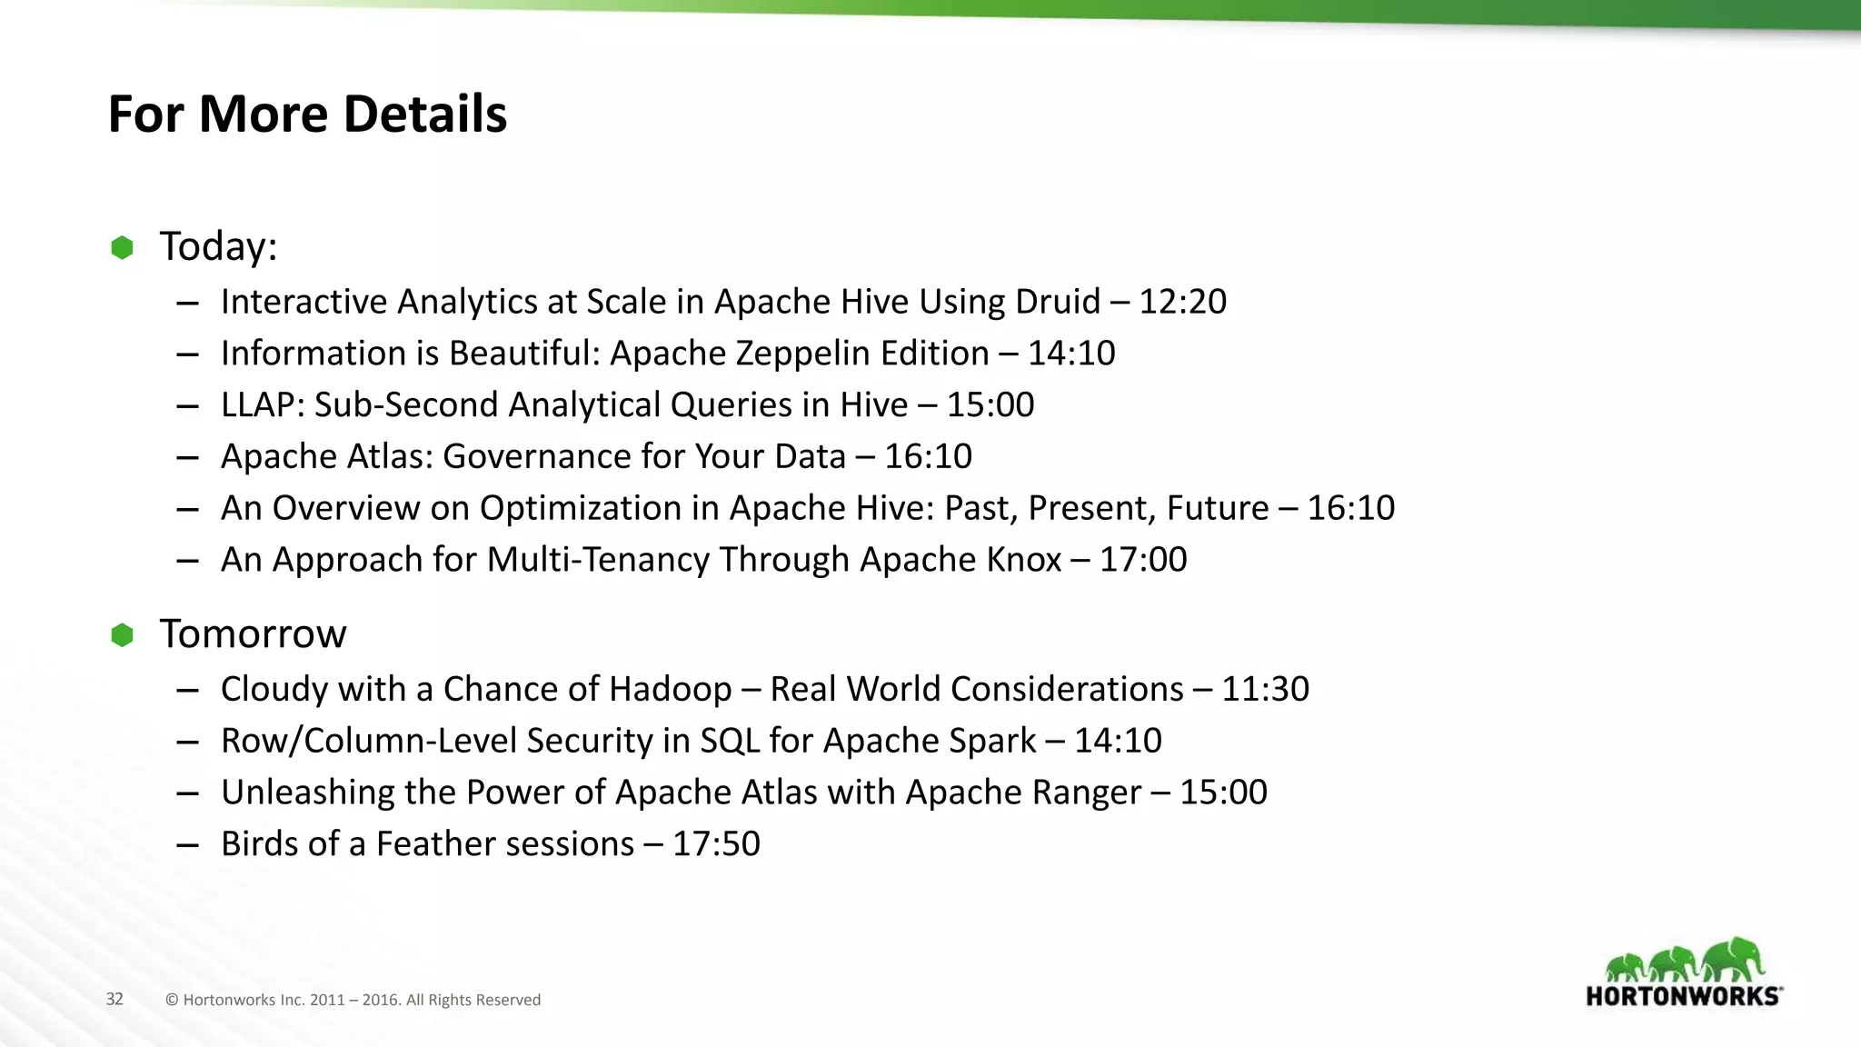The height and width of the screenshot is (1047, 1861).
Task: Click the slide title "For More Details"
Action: pos(307,115)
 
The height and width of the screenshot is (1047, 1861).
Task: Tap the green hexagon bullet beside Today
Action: pos(122,247)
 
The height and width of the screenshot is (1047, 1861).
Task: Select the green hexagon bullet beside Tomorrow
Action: pos(122,635)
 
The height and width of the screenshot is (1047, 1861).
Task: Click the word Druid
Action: pos(1058,302)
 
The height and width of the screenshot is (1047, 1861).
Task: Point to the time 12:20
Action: pos(1182,302)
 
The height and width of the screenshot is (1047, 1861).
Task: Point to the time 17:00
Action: pos(1143,560)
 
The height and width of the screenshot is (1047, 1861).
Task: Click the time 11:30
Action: pos(1265,690)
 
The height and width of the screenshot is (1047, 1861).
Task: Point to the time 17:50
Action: pos(716,844)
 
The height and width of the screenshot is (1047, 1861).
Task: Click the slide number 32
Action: pos(114,1000)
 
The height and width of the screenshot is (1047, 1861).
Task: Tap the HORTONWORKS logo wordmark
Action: pos(1684,996)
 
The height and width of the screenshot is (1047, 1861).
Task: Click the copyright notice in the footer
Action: pos(353,1000)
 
